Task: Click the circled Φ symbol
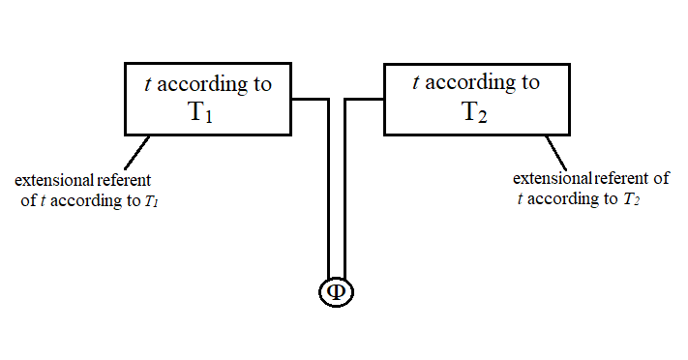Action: [337, 292]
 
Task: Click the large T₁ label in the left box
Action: [200, 112]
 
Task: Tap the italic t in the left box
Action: [147, 84]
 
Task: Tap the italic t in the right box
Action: [415, 83]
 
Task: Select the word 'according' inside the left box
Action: [200, 84]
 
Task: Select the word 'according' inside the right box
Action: [468, 83]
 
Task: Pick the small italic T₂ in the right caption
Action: [631, 200]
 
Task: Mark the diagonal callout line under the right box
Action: [555, 150]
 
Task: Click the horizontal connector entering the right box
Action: [366, 99]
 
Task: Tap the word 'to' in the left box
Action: [262, 84]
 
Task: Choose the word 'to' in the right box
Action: [530, 83]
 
